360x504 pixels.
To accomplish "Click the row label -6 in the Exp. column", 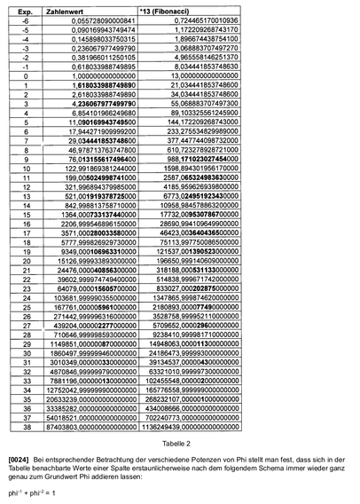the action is pyautogui.click(x=27, y=19).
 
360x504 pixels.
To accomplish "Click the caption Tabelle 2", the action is pyautogui.click(x=179, y=442).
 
